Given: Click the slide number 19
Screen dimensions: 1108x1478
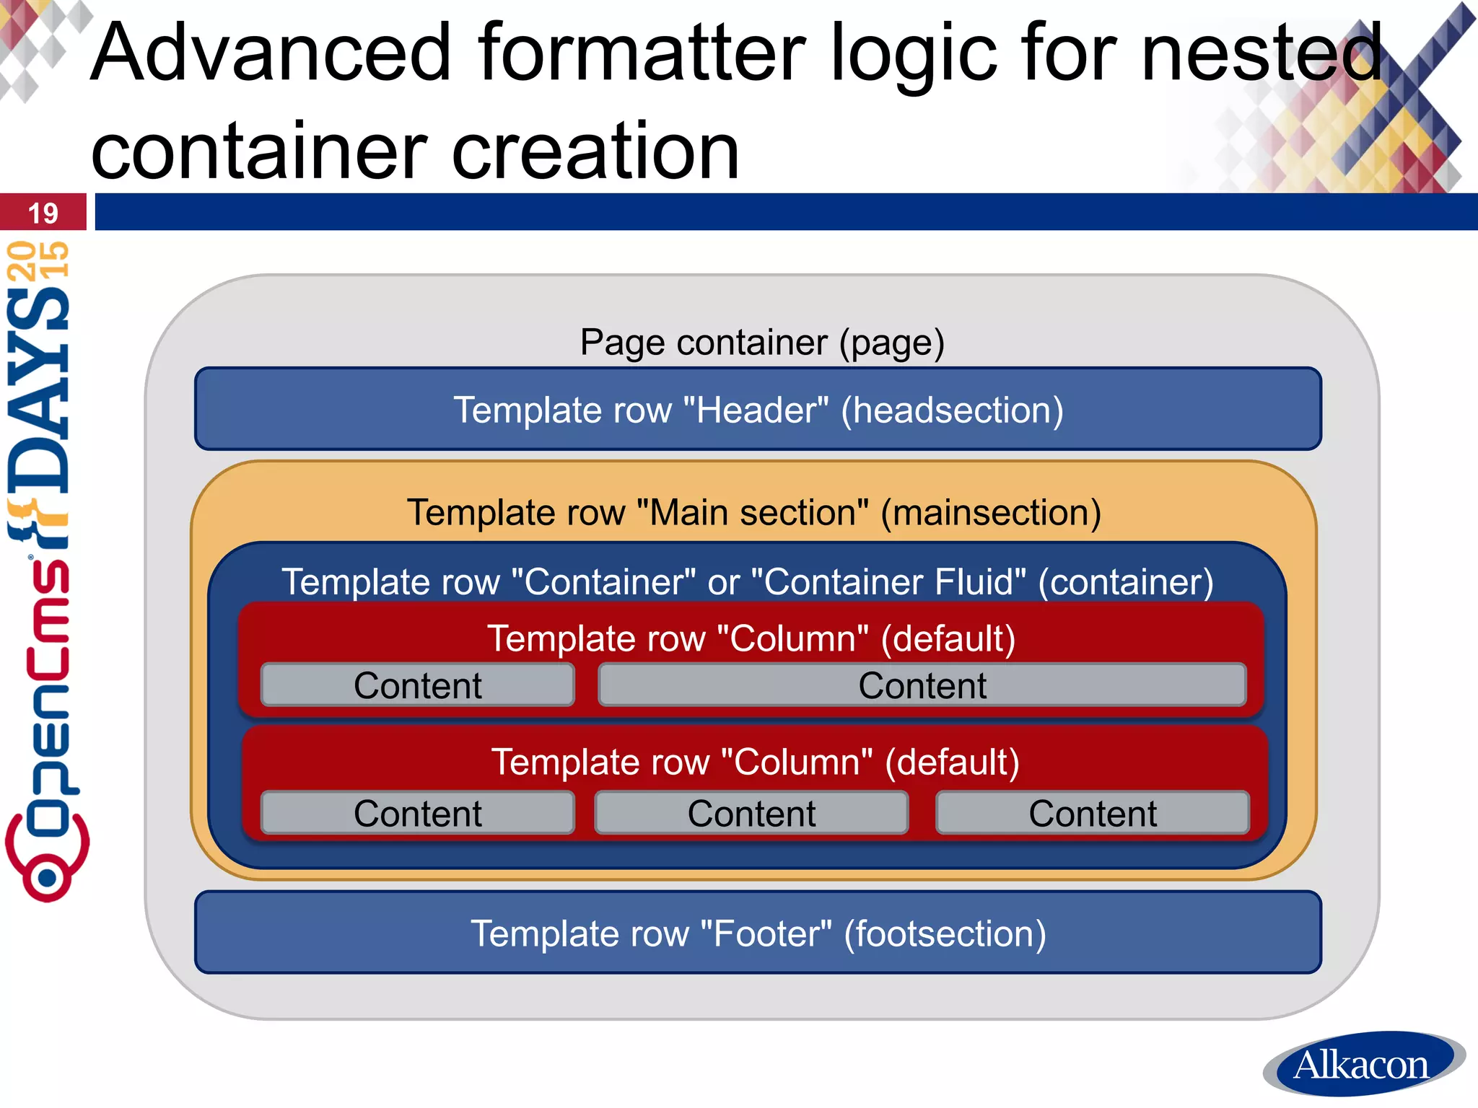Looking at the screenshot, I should pyautogui.click(x=43, y=214).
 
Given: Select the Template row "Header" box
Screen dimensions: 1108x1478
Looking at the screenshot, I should pyautogui.click(x=758, y=409).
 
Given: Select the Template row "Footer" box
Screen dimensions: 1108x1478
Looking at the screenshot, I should pyautogui.click(x=758, y=933).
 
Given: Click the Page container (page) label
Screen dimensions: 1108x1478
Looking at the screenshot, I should pyautogui.click(x=762, y=342).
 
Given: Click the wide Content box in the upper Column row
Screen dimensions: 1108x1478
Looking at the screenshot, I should pyautogui.click(x=922, y=685).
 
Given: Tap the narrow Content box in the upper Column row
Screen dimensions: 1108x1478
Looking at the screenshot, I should pyautogui.click(x=417, y=685).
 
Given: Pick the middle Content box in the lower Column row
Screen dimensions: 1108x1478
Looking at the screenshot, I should pyautogui.click(x=751, y=813).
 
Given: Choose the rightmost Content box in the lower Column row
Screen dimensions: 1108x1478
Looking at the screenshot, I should pyautogui.click(x=1092, y=813).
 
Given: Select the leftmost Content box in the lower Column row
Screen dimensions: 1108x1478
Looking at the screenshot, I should pyautogui.click(x=417, y=813).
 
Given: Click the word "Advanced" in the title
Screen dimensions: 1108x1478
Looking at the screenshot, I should pyautogui.click(x=271, y=52).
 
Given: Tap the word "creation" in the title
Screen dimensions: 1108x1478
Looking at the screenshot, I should pyautogui.click(x=595, y=151).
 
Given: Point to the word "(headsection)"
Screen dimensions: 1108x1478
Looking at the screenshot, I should pyautogui.click(x=952, y=410).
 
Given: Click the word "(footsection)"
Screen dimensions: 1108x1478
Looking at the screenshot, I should pyautogui.click(x=945, y=933).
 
